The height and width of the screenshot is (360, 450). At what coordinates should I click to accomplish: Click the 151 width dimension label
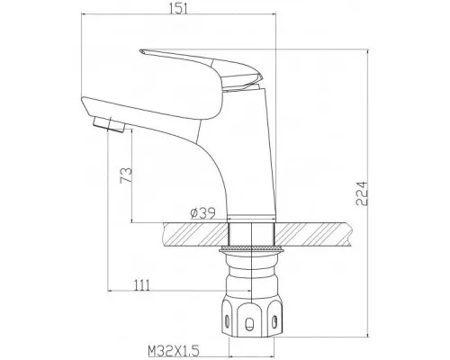[x=178, y=8]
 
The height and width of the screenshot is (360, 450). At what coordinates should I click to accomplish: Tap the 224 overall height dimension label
[x=362, y=193]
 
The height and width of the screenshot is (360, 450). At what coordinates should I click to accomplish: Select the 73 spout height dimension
[x=126, y=175]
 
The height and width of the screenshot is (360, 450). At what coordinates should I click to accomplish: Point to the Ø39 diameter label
[x=203, y=213]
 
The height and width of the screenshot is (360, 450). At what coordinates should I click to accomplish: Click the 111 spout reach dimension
[x=141, y=285]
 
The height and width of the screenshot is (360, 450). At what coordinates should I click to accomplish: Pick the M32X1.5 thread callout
[x=174, y=351]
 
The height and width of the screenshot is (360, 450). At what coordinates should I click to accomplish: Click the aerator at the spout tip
[x=109, y=124]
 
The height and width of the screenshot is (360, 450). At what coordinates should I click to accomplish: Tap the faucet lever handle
[x=201, y=68]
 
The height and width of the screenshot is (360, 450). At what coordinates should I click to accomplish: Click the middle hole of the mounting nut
[x=249, y=324]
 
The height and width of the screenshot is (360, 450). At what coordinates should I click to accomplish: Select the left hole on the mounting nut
[x=228, y=321]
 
